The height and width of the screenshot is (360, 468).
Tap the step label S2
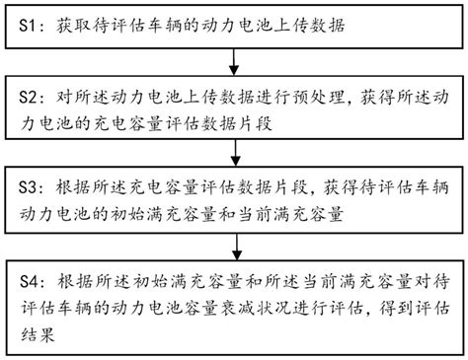click(x=28, y=100)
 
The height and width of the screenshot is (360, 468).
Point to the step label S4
click(x=28, y=280)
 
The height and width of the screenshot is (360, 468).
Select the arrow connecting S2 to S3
click(x=233, y=152)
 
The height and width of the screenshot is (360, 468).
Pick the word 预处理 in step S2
click(x=311, y=100)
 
